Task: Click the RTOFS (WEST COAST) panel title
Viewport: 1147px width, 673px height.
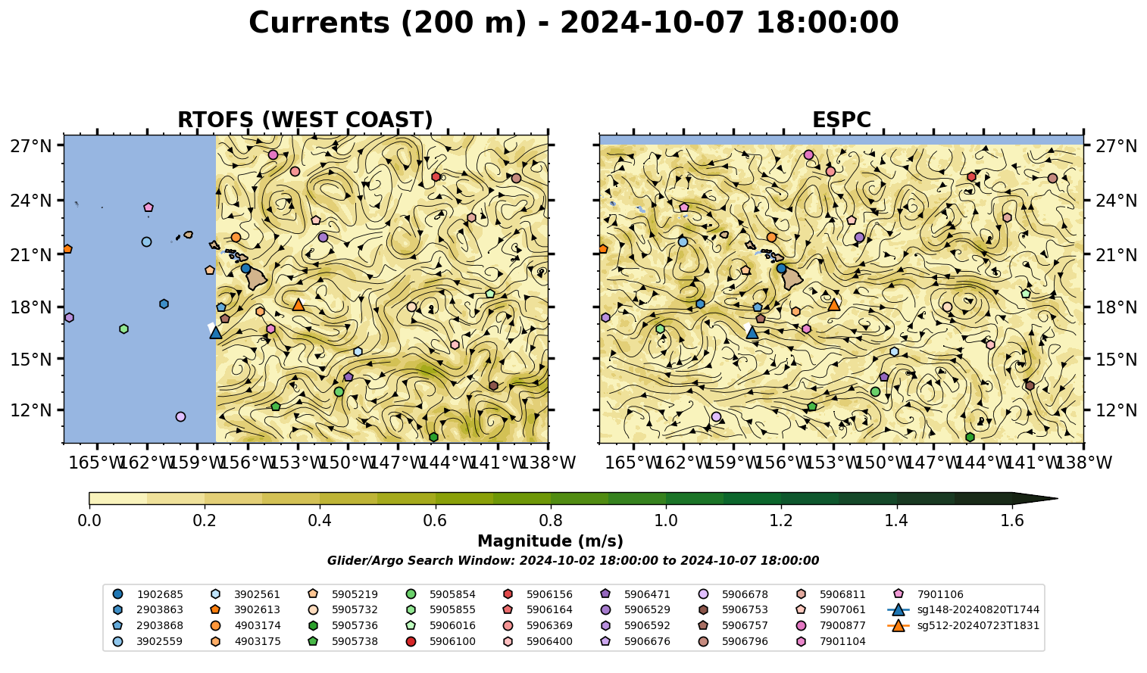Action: tap(305, 120)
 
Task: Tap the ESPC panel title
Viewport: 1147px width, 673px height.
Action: tap(841, 120)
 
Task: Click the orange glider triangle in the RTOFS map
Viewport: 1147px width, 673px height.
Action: tap(298, 305)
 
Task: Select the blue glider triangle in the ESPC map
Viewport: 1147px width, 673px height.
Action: tap(752, 332)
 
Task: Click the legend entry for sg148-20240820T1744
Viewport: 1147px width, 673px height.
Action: tap(964, 609)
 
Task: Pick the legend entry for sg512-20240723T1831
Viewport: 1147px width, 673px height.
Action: tap(964, 625)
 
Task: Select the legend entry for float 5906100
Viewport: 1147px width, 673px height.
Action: tap(440, 641)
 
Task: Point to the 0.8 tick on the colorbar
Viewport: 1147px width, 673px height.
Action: tap(551, 506)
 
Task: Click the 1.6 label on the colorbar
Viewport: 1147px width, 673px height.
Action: tap(1012, 521)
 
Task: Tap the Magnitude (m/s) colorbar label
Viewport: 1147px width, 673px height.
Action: tap(551, 541)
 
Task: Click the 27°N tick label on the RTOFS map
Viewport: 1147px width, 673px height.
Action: tap(31, 146)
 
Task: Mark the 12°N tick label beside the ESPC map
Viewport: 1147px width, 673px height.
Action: tap(1116, 410)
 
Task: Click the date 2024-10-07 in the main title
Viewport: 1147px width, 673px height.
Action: tap(652, 23)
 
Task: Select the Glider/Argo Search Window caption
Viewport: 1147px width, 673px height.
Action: tap(573, 560)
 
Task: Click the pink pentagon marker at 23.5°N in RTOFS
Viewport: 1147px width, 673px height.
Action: tap(148, 207)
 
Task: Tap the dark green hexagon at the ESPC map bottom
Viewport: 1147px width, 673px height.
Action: tap(970, 437)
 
